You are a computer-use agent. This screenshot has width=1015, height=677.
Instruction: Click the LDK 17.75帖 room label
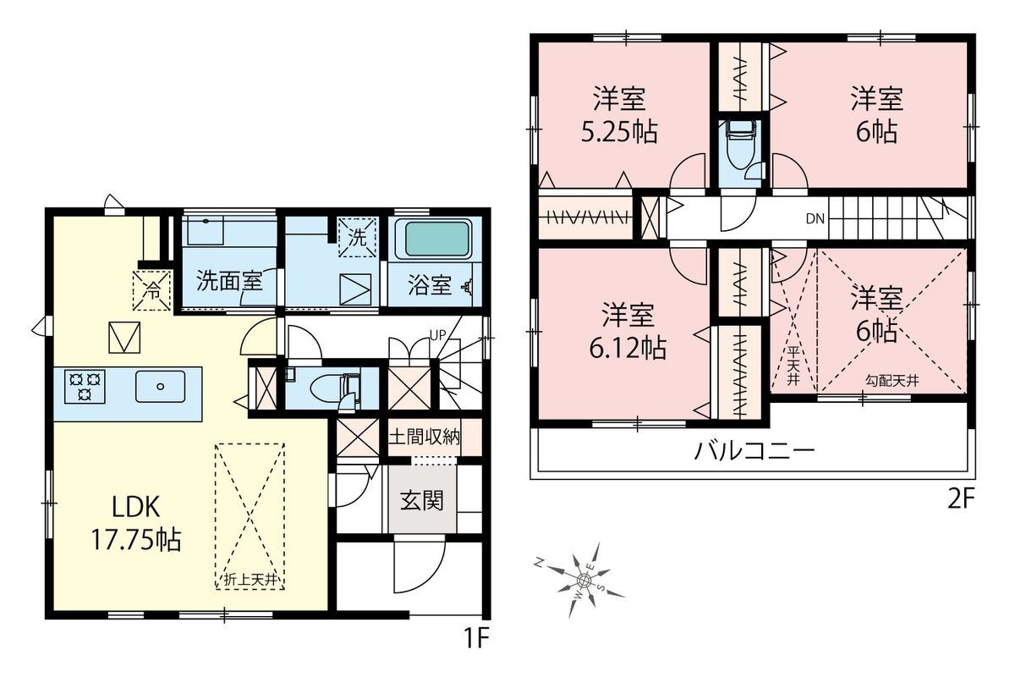tap(136, 523)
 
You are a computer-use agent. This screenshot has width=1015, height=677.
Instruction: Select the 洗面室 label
tap(229, 281)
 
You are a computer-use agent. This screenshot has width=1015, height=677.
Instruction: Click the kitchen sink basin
tap(161, 387)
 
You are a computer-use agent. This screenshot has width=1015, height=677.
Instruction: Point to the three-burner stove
tap(85, 387)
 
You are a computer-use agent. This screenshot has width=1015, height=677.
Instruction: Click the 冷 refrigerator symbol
tap(151, 290)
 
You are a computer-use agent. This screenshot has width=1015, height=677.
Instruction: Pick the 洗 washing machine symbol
tap(358, 237)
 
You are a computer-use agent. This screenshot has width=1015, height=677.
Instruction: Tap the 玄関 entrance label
tap(421, 501)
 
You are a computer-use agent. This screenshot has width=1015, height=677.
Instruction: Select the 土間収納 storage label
tap(425, 437)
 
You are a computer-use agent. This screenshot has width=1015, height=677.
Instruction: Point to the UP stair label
tap(438, 335)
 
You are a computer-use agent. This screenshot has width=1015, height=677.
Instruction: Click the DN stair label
tap(815, 219)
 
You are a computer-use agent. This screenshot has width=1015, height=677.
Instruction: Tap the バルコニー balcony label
tap(754, 451)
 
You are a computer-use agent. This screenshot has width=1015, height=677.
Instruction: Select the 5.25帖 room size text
tap(619, 132)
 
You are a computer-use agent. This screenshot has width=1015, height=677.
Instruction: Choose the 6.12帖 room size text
tap(628, 349)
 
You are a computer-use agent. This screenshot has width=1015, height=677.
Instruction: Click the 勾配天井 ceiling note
tap(892, 381)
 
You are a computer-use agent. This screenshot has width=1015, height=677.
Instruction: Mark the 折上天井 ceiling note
tap(250, 580)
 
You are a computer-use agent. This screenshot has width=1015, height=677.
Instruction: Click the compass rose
tap(583, 580)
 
